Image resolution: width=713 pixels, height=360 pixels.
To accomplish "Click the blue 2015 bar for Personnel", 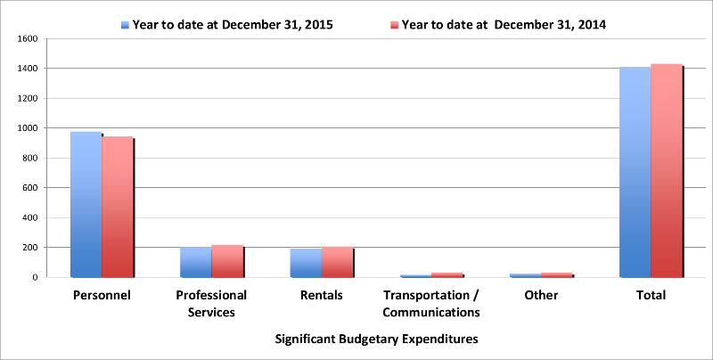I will tap(86, 204).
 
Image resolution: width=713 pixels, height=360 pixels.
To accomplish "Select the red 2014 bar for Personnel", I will tap(118, 207).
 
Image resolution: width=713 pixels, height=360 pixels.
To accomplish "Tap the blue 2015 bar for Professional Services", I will tap(196, 262).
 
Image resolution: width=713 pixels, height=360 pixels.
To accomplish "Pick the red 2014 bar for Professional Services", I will tap(227, 261).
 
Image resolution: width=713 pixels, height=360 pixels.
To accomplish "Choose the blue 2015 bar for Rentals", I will tap(306, 263).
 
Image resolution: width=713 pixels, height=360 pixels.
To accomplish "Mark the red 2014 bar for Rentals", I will tap(337, 262).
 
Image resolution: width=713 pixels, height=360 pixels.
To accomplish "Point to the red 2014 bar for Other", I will tap(557, 274).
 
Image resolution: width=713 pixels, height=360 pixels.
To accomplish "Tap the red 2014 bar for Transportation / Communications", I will tap(447, 274).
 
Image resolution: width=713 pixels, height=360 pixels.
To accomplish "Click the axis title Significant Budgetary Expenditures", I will tap(376, 340).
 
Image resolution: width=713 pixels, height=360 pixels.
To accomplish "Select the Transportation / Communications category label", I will tap(431, 303).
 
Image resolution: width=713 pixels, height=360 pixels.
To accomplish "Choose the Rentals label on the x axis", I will tap(321, 295).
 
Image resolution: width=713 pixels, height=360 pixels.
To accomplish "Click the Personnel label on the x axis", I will tap(102, 295).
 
